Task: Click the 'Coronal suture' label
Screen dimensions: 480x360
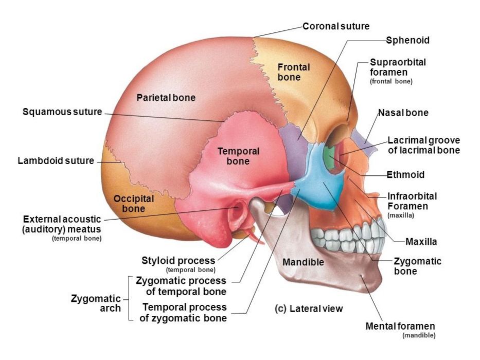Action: pos(336,26)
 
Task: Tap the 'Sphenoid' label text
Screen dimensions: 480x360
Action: pos(407,40)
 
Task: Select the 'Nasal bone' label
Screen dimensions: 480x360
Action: pos(403,113)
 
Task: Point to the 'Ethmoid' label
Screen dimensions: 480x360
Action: pos(405,175)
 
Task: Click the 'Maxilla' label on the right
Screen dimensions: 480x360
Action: pos(421,242)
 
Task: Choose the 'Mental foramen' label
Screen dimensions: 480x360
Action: pos(400,326)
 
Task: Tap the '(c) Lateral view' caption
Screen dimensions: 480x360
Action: pos(309,309)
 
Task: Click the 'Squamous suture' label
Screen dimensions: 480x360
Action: pos(62,112)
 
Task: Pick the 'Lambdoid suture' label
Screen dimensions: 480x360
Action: pos(56,160)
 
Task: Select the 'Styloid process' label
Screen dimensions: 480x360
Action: pos(178,261)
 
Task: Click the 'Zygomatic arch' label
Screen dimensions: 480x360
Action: pos(96,303)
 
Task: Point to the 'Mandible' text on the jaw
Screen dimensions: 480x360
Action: pos(303,262)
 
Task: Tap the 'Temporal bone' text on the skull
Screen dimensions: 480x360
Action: pos(238,156)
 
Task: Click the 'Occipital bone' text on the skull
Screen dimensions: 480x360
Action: pos(133,204)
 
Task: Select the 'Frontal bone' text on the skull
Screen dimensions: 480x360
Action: pos(293,72)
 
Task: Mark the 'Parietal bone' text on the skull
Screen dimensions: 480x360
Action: pos(166,98)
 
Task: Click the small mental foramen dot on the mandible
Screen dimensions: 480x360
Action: pos(363,276)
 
